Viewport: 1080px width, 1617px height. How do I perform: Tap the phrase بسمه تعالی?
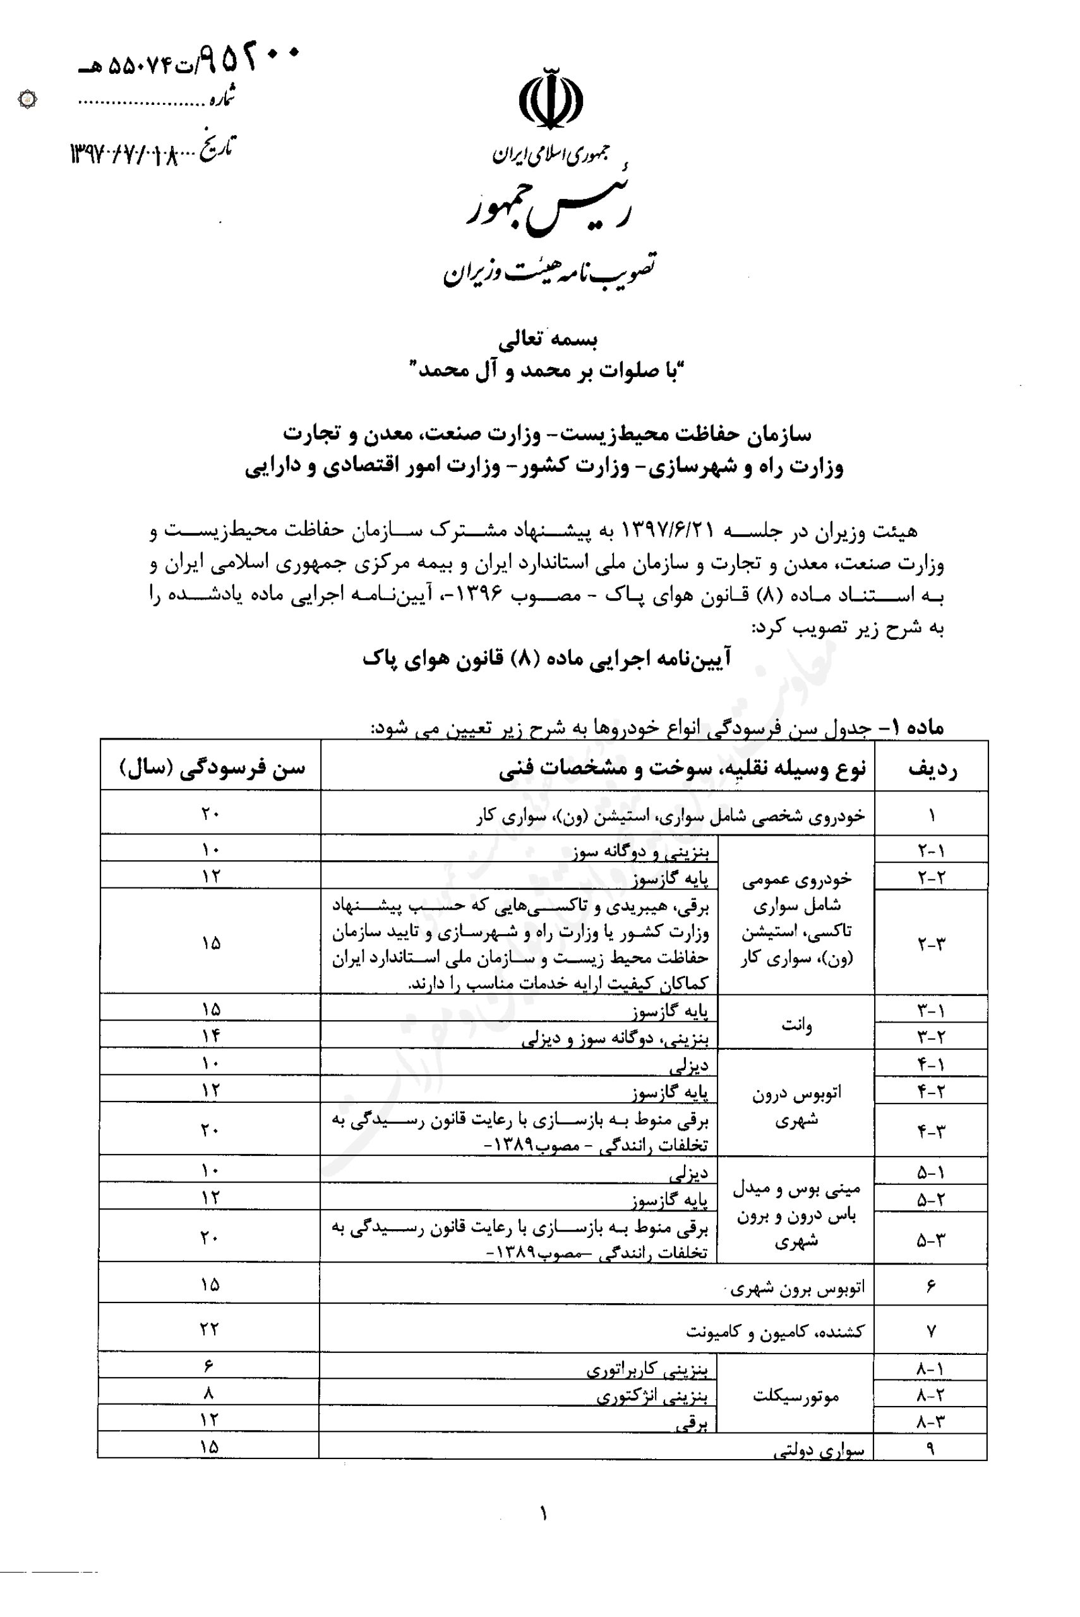548,339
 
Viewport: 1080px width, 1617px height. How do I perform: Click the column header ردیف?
932,768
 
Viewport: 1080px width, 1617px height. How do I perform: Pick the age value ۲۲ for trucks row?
210,1329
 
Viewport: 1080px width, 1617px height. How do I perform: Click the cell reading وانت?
796,1025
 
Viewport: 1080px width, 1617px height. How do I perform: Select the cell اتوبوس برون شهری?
798,1288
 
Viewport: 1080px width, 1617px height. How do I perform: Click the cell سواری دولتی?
819,1451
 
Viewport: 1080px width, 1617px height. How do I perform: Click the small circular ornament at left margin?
27,100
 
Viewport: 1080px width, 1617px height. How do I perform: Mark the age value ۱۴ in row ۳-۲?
211,1035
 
